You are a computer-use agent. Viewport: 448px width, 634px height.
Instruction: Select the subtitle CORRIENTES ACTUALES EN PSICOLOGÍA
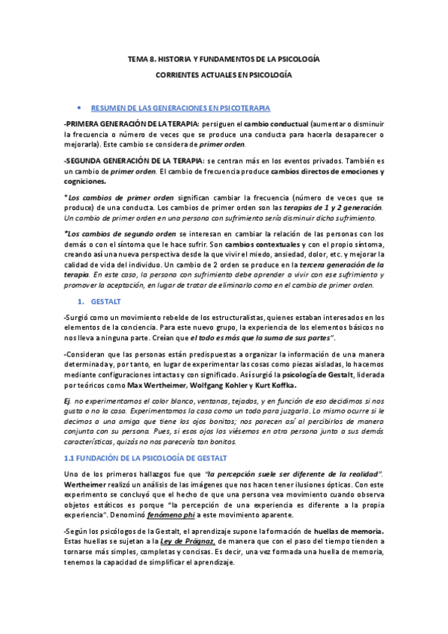tap(224, 76)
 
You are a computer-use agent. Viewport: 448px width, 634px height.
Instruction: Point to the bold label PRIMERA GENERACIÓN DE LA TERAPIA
tap(132, 123)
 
